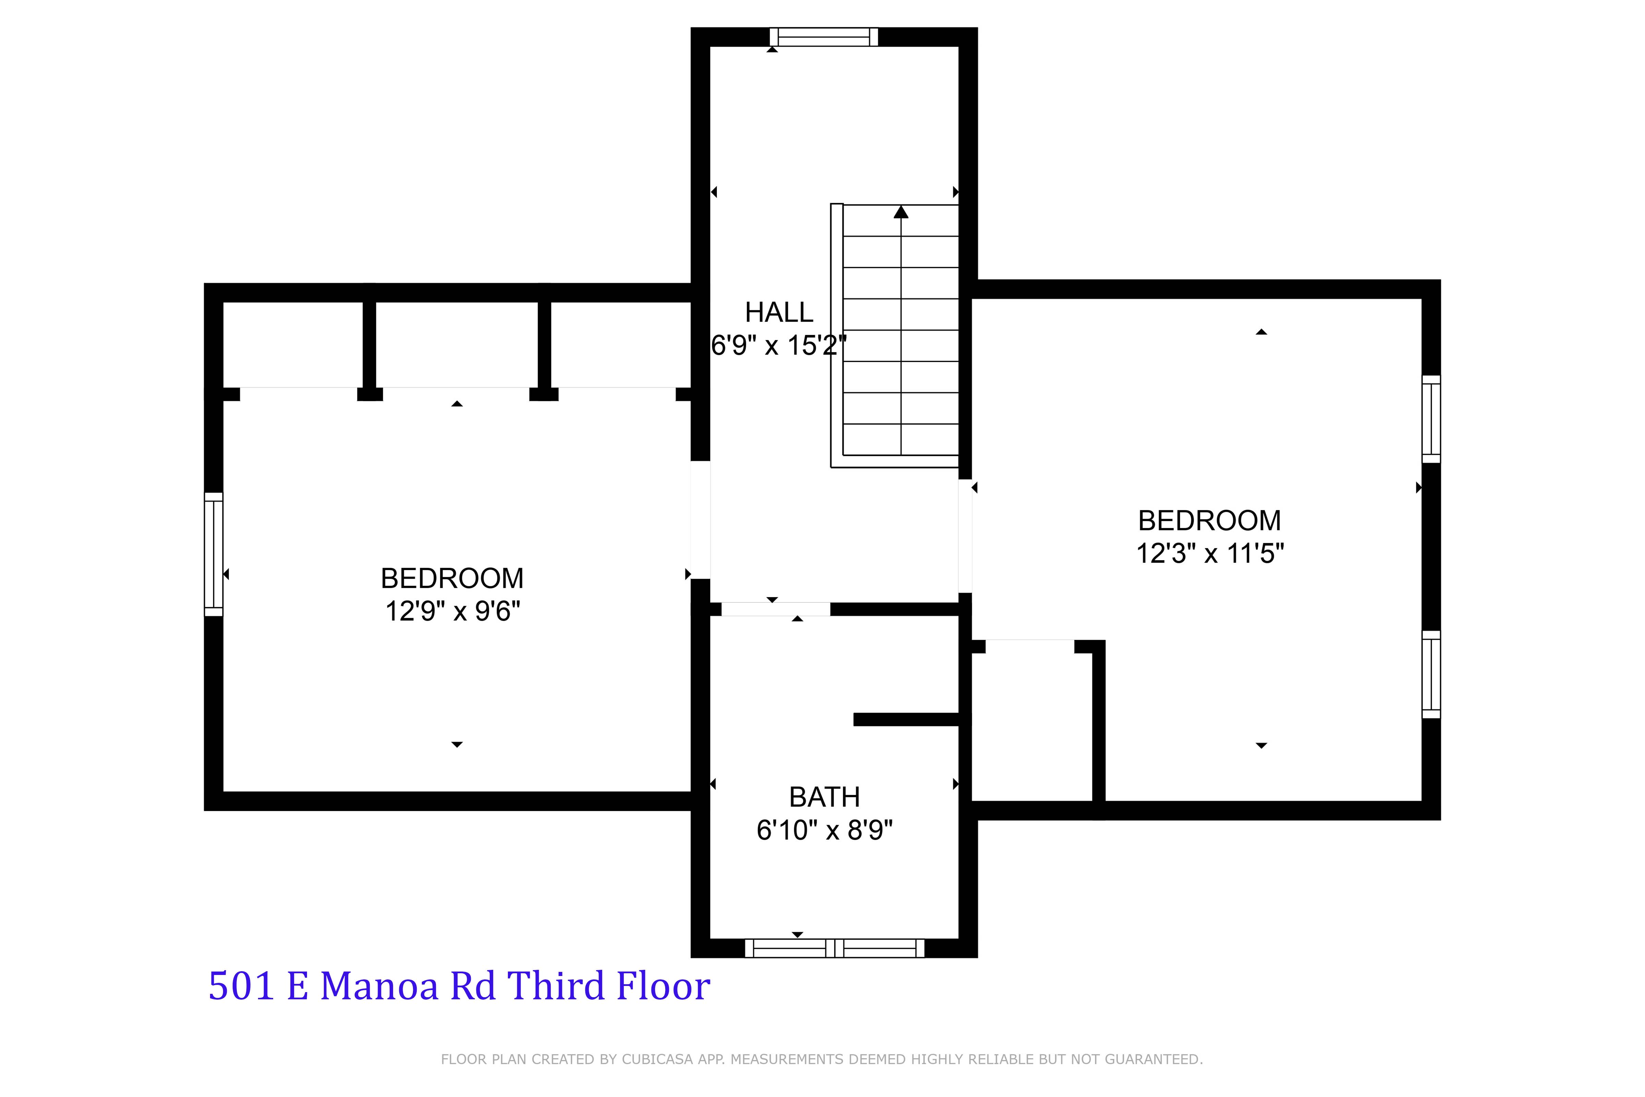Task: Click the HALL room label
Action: pyautogui.click(x=778, y=312)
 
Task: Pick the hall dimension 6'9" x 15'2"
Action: pyautogui.click(x=778, y=346)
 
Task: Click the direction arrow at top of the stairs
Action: pyautogui.click(x=901, y=211)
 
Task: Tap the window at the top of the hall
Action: pyautogui.click(x=824, y=37)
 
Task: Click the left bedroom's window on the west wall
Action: pyautogui.click(x=213, y=554)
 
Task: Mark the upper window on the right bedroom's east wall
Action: pyautogui.click(x=1431, y=419)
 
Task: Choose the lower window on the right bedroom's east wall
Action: pyautogui.click(x=1431, y=674)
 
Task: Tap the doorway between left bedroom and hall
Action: pyautogui.click(x=700, y=520)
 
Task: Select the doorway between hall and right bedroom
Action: pyautogui.click(x=965, y=536)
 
